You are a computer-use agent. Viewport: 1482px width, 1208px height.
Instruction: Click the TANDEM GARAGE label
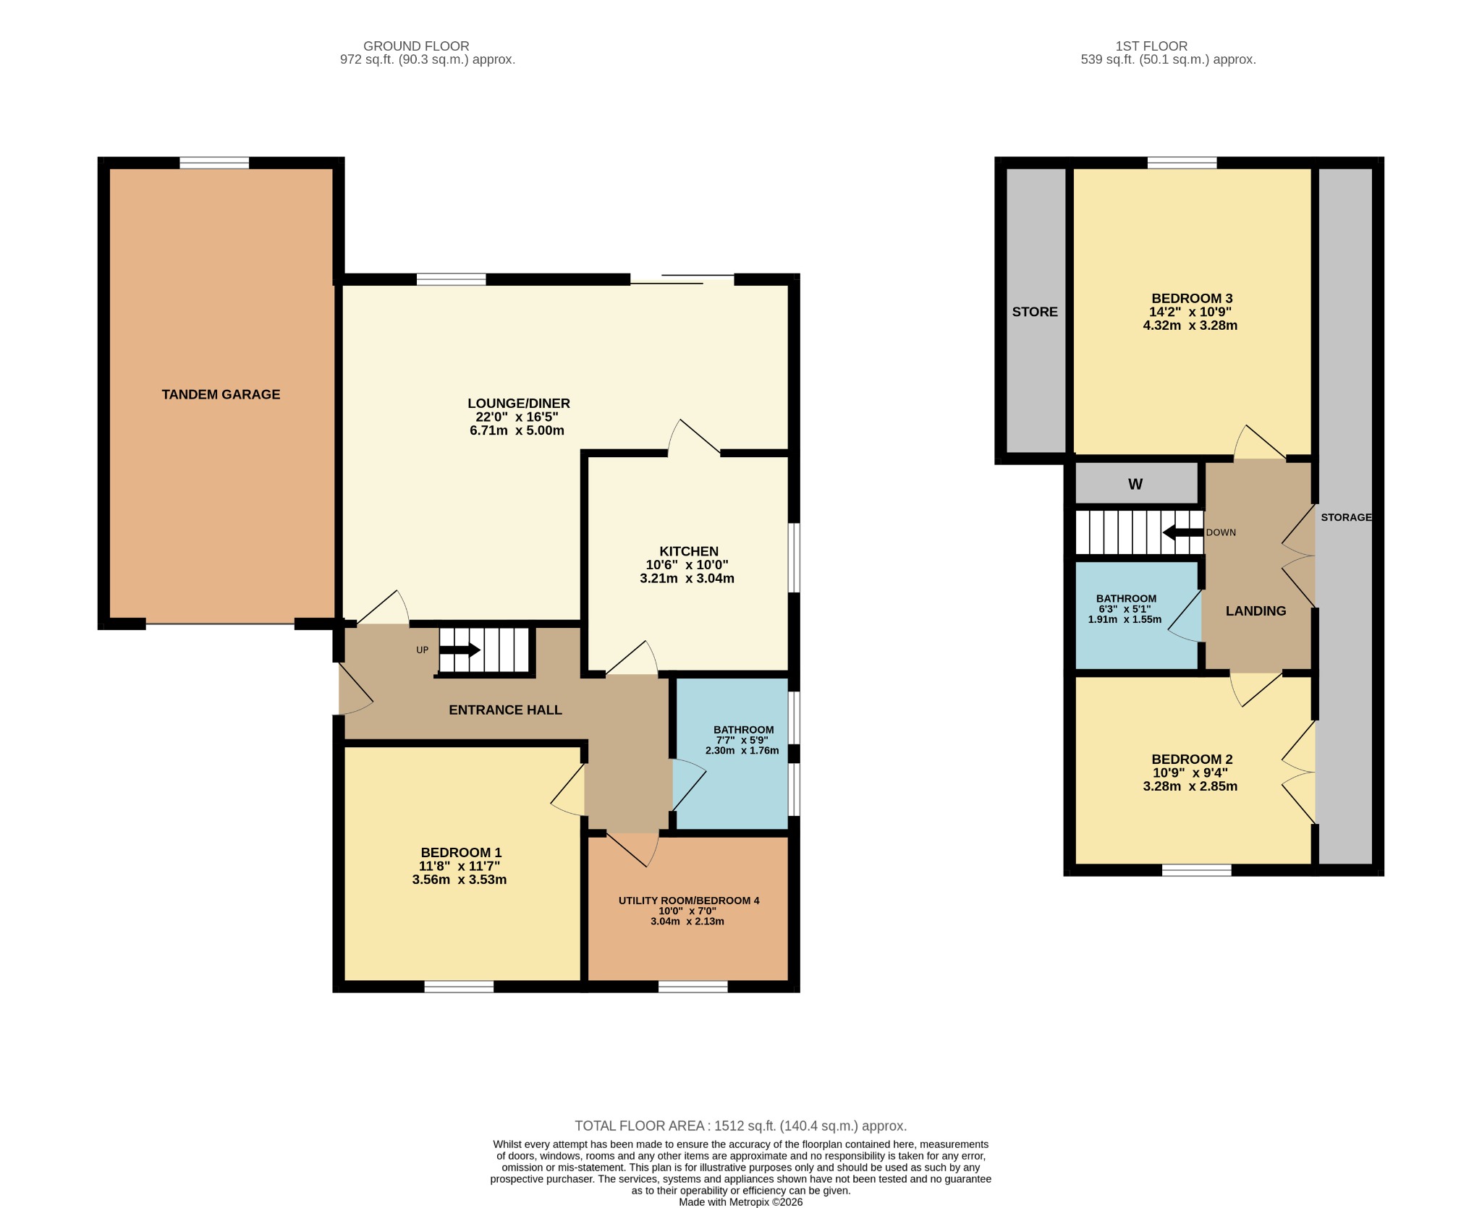point(221,394)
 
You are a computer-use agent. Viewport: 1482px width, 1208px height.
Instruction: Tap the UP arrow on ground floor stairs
point(460,650)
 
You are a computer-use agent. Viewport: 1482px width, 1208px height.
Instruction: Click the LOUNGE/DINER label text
point(518,404)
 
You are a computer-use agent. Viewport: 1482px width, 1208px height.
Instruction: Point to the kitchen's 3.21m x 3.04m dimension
point(687,579)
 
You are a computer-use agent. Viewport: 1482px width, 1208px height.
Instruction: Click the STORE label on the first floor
point(1034,312)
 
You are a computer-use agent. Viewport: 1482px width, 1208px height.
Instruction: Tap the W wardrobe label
point(1135,485)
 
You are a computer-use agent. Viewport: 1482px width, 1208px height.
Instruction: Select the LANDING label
point(1256,611)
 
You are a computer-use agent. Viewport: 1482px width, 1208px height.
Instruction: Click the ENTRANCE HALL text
point(505,710)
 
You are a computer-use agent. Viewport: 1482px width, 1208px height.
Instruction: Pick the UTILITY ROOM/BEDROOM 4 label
point(688,901)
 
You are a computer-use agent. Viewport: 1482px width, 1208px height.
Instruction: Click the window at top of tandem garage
point(214,163)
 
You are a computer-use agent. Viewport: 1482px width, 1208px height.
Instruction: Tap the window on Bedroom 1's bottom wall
point(459,986)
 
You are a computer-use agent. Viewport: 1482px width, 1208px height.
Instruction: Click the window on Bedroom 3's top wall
point(1182,163)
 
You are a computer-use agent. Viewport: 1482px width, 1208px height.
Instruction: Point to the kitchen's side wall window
point(794,558)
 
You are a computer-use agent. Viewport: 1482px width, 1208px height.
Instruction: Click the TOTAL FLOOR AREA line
point(740,1126)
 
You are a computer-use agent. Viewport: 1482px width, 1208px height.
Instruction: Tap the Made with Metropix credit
point(740,1202)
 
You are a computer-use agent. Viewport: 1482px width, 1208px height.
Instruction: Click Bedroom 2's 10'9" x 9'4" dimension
point(1190,773)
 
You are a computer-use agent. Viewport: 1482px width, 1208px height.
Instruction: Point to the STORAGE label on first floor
point(1345,517)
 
